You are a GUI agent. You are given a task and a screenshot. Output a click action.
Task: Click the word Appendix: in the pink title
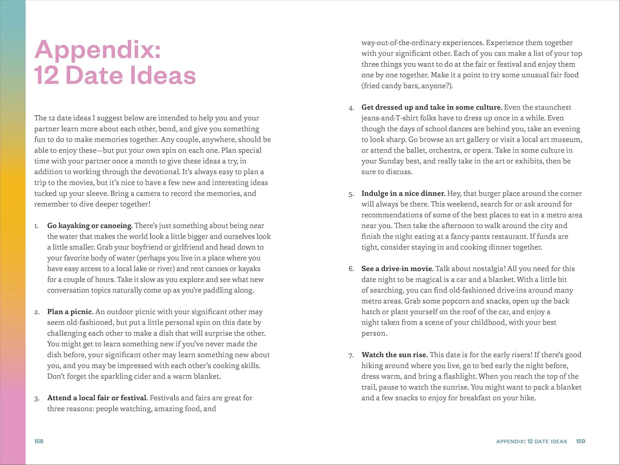pos(98,50)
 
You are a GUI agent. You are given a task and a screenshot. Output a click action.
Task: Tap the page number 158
pos(39,441)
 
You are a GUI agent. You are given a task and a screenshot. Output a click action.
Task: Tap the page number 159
pos(581,441)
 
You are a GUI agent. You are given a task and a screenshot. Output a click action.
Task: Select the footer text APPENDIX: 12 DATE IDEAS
pos(531,441)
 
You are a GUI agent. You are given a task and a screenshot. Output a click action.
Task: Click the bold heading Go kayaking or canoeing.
pos(90,226)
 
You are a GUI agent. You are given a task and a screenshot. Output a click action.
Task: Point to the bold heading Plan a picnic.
pos(70,312)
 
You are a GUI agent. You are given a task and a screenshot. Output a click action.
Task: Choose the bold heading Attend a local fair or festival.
pos(97,398)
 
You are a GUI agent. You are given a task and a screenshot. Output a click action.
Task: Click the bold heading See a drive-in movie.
pos(397,269)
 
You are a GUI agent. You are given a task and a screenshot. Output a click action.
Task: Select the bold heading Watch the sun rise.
pos(394,355)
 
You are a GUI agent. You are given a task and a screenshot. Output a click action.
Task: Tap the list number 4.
pos(351,108)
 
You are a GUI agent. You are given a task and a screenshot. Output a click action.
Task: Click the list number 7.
pos(351,356)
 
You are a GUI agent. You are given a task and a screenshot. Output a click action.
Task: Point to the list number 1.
pos(36,226)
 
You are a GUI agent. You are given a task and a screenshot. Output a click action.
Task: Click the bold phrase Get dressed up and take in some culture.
pos(432,107)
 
